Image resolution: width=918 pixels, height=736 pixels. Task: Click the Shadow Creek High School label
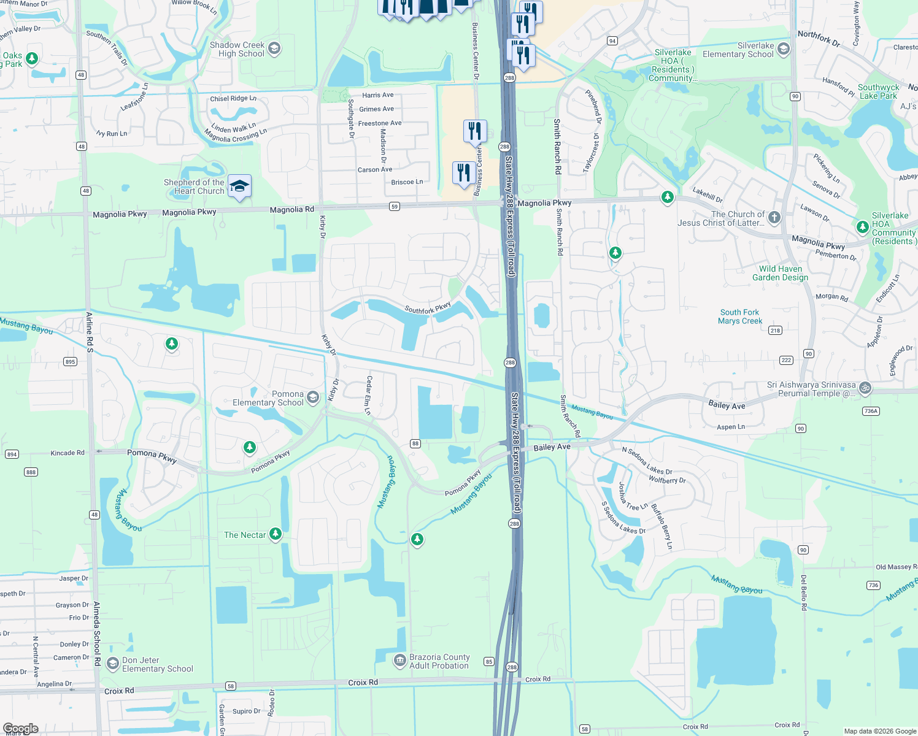[237, 49]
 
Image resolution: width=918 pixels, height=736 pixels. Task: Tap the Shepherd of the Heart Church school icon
[239, 185]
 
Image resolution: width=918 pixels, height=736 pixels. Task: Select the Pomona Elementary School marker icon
[313, 397]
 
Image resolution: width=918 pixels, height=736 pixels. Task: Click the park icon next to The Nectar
[276, 534]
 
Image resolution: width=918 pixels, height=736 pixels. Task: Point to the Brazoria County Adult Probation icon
[399, 661]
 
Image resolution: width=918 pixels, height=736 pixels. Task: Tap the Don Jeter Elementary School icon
[112, 664]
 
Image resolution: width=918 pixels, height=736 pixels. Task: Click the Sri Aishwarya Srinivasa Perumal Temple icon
[865, 387]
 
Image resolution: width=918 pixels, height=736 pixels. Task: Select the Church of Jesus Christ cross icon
[774, 217]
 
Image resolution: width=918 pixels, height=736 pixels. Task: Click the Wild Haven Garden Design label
[780, 273]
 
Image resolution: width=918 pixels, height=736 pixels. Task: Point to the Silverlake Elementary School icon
[783, 49]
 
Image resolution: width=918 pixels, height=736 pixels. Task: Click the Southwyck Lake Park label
[878, 91]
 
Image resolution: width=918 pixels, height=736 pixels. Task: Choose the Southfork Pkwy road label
[428, 308]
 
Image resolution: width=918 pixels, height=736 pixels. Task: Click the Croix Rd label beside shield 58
[363, 682]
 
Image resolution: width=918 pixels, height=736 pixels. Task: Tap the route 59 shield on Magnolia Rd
[395, 207]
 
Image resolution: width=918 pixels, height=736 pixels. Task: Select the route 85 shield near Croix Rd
[489, 661]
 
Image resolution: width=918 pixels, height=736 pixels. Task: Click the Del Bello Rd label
[804, 592]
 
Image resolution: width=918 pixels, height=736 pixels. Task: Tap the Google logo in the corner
[21, 729]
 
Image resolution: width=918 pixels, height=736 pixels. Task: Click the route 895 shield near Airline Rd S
[70, 362]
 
